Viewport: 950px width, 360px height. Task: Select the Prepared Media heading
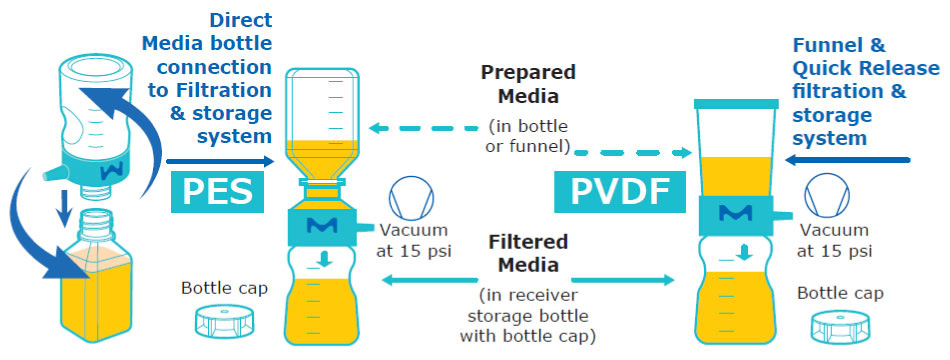[528, 87]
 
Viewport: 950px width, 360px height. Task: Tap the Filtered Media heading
[528, 254]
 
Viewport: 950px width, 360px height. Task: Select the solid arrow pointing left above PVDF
[849, 159]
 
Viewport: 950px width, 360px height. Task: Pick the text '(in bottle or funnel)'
[528, 138]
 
